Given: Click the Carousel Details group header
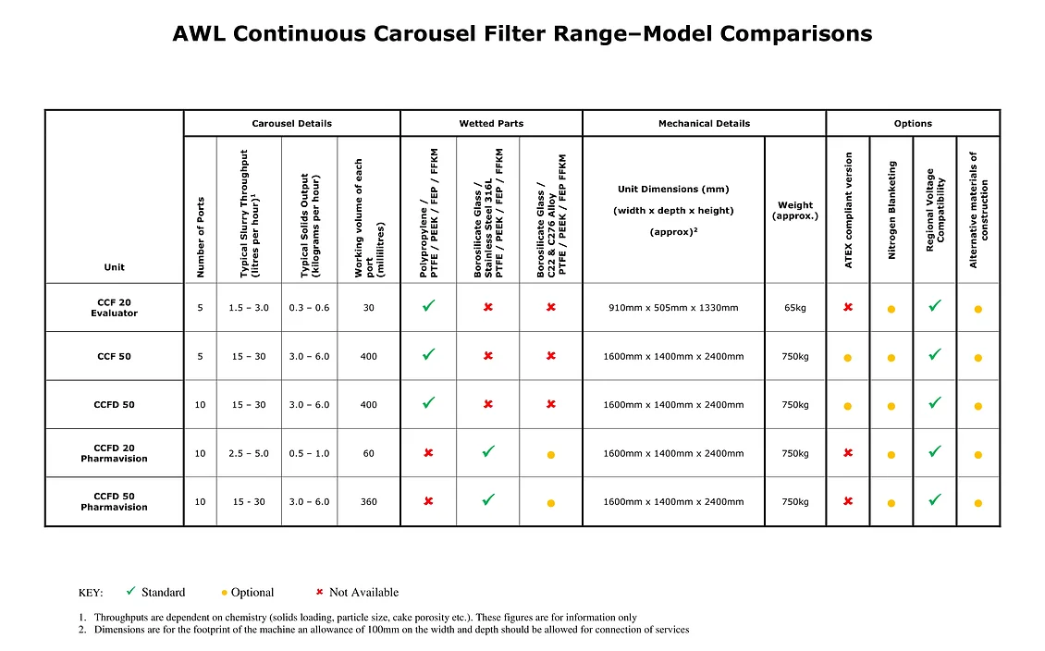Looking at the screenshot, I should (x=291, y=123).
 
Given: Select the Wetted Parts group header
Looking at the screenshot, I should (x=491, y=123).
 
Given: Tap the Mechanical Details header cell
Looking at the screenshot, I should (x=704, y=123).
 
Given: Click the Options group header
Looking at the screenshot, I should (x=913, y=123).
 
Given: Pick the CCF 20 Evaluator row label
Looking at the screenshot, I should (x=114, y=308).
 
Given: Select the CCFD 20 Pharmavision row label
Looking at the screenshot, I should (x=114, y=453).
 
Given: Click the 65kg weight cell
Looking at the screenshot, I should (x=795, y=308).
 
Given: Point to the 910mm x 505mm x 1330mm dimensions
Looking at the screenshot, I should (x=673, y=308).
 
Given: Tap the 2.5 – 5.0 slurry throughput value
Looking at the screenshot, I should (x=249, y=453).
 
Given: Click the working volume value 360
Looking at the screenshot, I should (x=368, y=502).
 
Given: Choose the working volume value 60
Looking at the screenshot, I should (x=368, y=453).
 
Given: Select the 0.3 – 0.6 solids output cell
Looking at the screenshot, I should (x=309, y=308).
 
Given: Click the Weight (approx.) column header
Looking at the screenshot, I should (x=795, y=211).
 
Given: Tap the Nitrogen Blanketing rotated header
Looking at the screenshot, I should (x=891, y=210).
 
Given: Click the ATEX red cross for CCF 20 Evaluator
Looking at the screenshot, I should (x=847, y=307).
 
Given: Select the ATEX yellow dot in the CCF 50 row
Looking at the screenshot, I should (x=847, y=357).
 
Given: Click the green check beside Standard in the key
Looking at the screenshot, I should (x=131, y=591).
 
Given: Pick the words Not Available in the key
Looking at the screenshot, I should (x=363, y=593).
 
